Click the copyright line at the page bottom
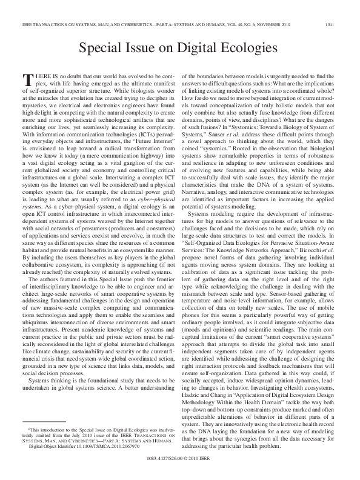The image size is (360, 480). (179, 469)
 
